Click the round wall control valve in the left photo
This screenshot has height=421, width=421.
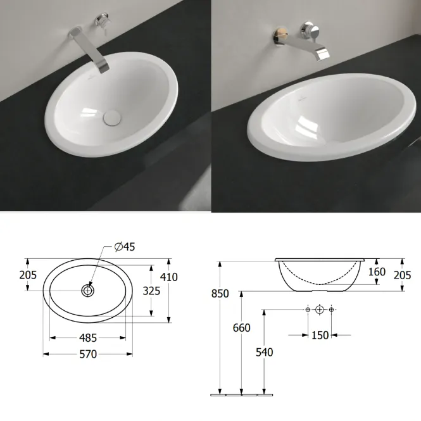tap(101, 20)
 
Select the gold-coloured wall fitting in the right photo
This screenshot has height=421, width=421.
tap(280, 35)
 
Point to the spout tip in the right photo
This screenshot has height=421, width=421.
tap(322, 54)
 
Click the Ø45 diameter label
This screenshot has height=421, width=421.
tap(125, 246)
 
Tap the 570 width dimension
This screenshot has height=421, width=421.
tap(88, 355)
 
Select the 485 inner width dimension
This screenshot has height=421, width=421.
tap(88, 338)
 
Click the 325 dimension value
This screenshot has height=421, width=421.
tap(151, 291)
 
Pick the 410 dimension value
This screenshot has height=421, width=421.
tap(169, 277)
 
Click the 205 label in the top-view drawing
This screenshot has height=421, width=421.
tap(28, 275)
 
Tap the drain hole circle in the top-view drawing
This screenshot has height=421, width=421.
tap(88, 291)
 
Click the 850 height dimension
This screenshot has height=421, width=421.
tap(220, 294)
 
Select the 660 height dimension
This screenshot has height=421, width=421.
tap(242, 328)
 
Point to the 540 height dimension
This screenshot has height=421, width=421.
tap(264, 352)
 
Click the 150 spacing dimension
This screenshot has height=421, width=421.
tap(320, 336)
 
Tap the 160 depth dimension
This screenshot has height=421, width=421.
tap(377, 272)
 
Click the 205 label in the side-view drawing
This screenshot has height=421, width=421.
tap(403, 275)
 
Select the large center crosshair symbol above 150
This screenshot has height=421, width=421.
tap(319, 310)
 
